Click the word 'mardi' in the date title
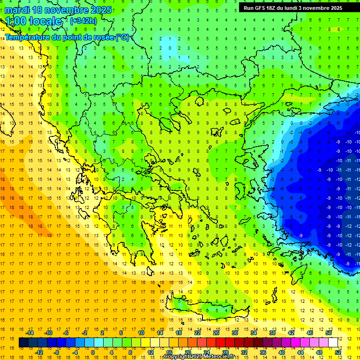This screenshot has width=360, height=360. [16, 10]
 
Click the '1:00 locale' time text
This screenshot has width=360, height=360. [33, 21]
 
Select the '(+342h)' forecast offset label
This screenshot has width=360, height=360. [83, 21]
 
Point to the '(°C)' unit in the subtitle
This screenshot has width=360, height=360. [122, 37]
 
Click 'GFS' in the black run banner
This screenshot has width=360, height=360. [263, 7]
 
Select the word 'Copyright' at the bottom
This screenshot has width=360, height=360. [177, 357]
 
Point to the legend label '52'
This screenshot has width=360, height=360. [338, 352]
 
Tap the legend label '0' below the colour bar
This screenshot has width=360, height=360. [93, 352]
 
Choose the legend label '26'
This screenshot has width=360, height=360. [216, 333]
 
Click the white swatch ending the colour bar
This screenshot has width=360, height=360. [333, 343]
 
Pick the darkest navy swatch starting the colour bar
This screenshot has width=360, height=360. [23, 343]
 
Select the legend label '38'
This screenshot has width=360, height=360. [272, 333]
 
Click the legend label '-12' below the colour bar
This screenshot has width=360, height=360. [39, 352]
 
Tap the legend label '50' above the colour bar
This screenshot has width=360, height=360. [328, 333]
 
